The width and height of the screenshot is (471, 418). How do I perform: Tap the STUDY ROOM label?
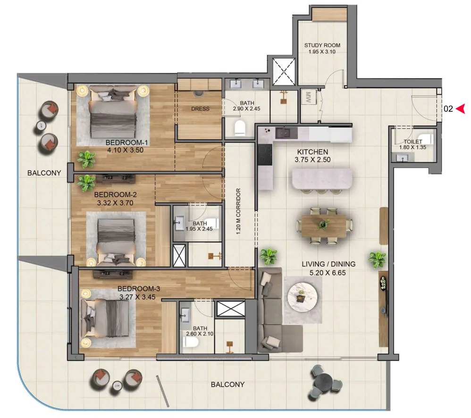tap(322, 45)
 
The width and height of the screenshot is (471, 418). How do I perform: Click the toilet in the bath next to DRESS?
tap(240, 127)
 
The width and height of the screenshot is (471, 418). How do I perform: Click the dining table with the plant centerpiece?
tap(324, 225)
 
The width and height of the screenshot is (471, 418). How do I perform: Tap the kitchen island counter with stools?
tap(322, 179)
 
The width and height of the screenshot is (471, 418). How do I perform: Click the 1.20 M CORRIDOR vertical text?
tap(239, 212)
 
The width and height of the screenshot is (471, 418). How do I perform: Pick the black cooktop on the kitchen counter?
tap(264, 154)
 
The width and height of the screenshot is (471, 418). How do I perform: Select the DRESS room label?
tap(200, 109)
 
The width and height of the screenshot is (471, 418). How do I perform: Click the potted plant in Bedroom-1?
tap(86, 159)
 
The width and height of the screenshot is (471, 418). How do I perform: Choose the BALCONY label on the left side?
tap(44, 173)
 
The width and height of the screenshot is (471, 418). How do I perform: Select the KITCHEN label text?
tap(312, 152)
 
